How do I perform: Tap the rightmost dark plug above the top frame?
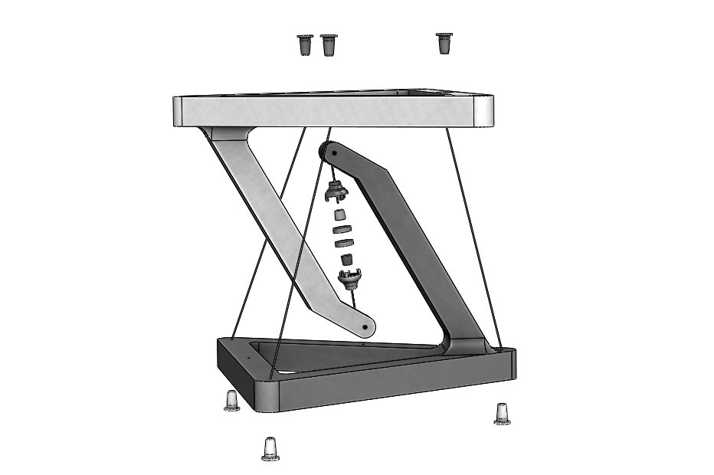pyautogui.click(x=443, y=43)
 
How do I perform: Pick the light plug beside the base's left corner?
pyautogui.click(x=231, y=400)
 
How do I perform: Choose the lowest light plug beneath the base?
pyautogui.click(x=270, y=447)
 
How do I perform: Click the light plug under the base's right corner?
pyautogui.click(x=502, y=414)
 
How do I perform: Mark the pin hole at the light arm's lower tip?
pyautogui.click(x=364, y=327)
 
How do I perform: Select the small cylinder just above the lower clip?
pyautogui.click(x=346, y=260)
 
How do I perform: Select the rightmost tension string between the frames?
pyautogui.click(x=473, y=231)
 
